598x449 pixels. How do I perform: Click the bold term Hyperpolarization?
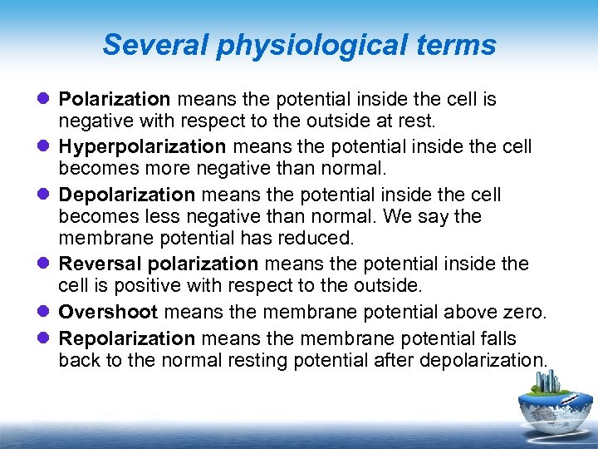tap(142, 147)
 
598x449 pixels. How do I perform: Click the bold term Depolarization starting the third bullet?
tap(126, 195)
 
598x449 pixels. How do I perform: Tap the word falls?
tap(498, 338)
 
